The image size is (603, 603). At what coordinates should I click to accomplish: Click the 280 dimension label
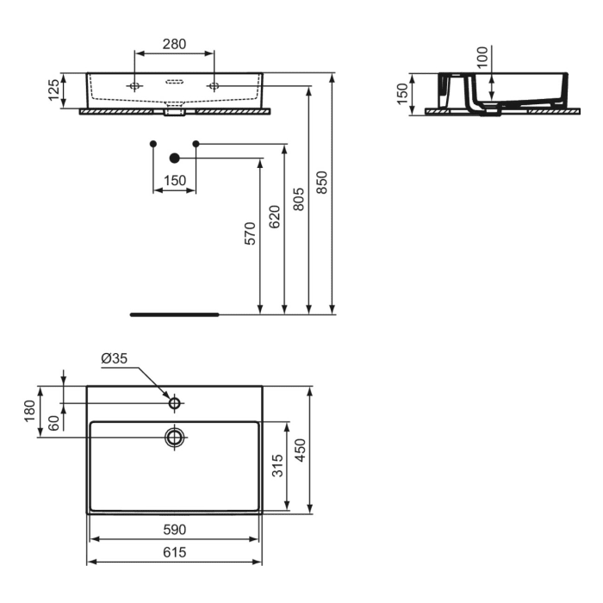click(175, 44)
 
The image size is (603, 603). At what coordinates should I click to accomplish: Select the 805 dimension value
click(298, 200)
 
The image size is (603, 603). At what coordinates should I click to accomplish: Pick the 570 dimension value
click(250, 235)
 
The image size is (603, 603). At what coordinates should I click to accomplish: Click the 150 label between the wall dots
click(175, 181)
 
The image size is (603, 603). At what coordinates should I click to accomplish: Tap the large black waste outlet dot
click(175, 158)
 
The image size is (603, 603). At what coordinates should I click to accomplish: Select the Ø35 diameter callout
click(115, 358)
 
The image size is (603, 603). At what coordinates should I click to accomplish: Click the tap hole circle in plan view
click(175, 402)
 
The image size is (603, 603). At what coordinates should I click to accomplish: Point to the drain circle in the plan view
click(175, 437)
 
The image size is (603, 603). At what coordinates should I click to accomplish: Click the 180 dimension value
click(29, 411)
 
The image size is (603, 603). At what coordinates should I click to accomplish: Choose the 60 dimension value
click(53, 423)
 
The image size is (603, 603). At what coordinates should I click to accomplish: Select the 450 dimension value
click(301, 449)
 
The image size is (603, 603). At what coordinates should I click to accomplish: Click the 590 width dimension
click(175, 529)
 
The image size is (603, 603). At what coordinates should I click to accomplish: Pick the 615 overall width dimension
click(175, 553)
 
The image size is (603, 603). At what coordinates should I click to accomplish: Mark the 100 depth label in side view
click(482, 57)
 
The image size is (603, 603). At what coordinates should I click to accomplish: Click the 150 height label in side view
click(402, 93)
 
